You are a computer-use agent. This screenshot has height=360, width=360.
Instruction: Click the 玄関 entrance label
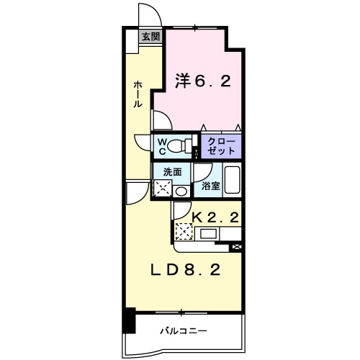pos(149,36)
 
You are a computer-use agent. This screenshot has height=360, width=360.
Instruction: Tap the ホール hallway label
pos(138,94)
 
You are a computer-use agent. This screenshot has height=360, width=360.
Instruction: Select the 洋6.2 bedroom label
pos(202,82)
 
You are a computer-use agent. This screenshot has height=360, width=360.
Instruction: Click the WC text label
pos(163,146)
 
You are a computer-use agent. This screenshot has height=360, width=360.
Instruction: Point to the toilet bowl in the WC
pos(188,146)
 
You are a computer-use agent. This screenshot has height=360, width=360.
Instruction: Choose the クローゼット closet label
pos(220,146)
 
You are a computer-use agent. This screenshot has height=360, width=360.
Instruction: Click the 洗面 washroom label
pos(171,172)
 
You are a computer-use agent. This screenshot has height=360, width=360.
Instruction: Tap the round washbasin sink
pos(181,191)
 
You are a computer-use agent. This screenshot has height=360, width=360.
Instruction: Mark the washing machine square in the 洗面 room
pos(163,189)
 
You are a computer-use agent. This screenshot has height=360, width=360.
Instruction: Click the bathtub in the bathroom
pos(231,179)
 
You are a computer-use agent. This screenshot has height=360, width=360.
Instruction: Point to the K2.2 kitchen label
pos(215,215)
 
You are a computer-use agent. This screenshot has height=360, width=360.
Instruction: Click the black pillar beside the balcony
pos(129,320)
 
